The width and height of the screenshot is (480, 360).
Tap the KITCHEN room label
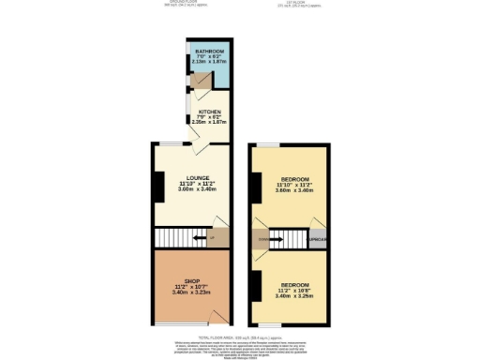[x=209, y=112]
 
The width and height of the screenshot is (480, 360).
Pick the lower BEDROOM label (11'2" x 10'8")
[x=294, y=282]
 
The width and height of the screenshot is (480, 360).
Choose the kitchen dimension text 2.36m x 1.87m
[x=209, y=122]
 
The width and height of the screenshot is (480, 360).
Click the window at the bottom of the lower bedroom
[x=272, y=324]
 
